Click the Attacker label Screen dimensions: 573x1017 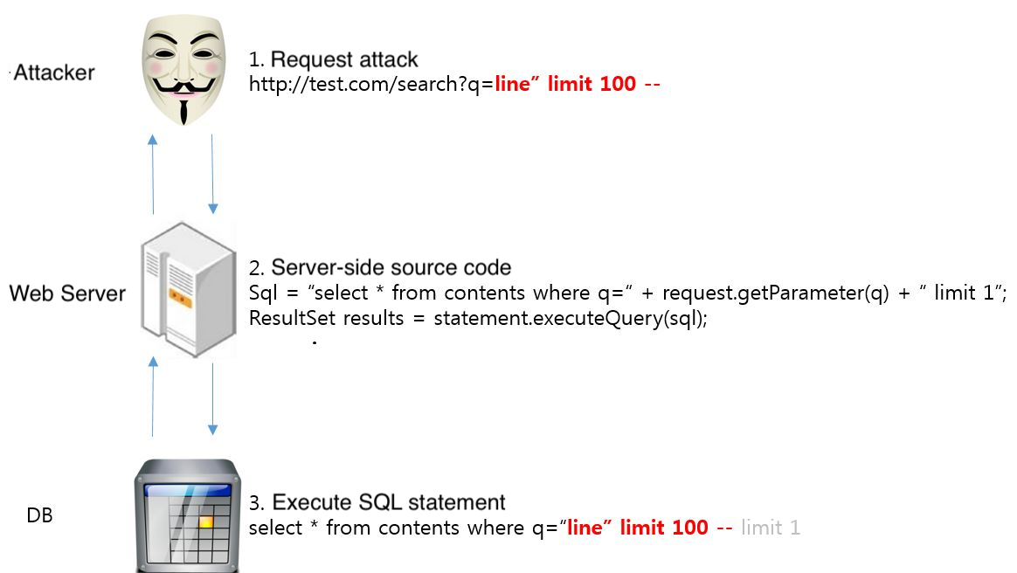(54, 72)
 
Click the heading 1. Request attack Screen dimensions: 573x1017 (334, 59)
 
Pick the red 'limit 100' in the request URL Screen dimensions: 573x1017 (592, 85)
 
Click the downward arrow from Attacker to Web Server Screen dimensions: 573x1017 (212, 174)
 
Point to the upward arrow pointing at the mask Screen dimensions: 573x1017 (153, 174)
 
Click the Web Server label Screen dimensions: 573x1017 (67, 293)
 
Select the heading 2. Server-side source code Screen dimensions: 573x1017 (380, 266)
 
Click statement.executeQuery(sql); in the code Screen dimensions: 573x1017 (558, 318)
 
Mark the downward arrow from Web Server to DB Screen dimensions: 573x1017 (212, 397)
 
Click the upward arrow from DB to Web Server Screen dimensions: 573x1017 (153, 397)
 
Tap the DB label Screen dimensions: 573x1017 (40, 516)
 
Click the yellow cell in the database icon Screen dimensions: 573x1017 (205, 521)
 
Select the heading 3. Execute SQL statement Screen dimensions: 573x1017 (377, 502)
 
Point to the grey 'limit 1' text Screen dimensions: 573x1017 (770, 528)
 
